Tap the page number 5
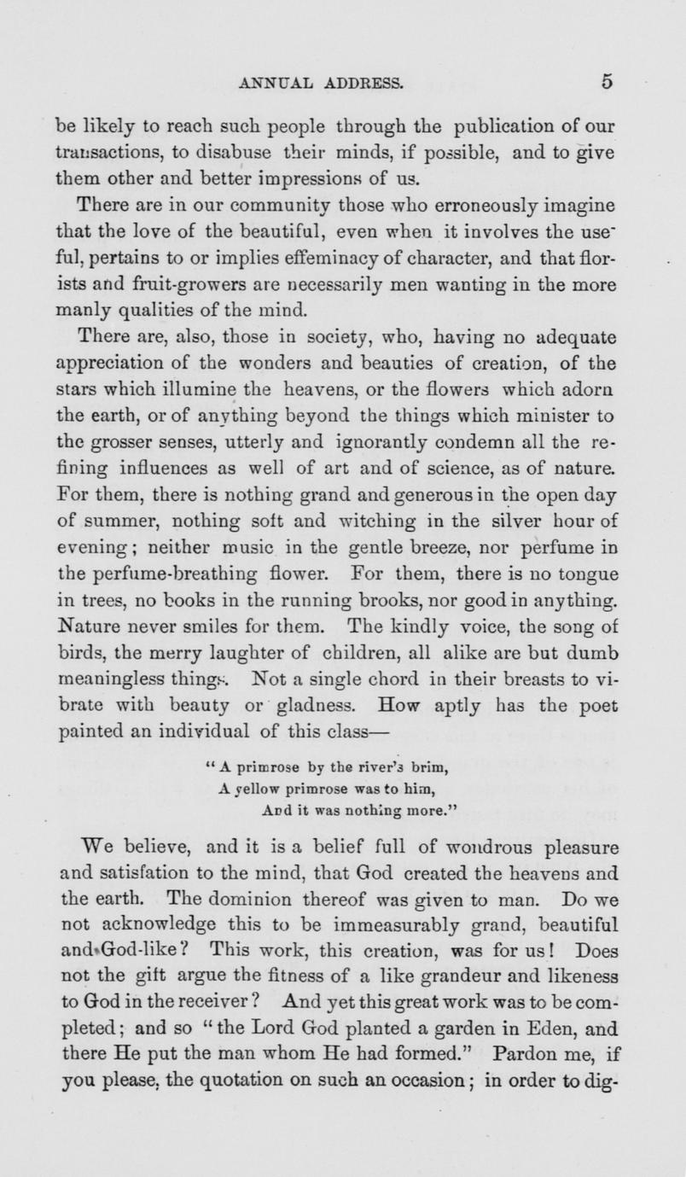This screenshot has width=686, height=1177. (608, 83)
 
